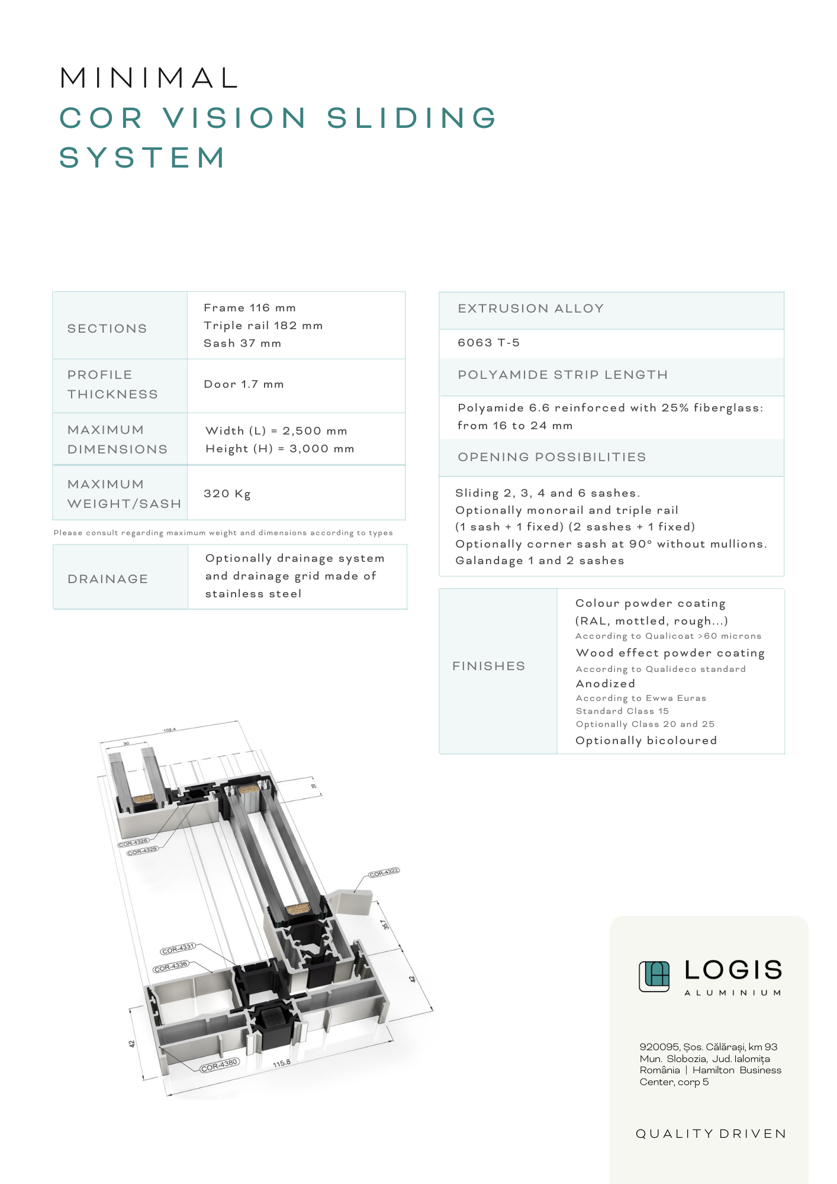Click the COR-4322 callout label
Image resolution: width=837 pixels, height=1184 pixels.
pos(384,872)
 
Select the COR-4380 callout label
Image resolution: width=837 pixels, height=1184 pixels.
pos(219,1065)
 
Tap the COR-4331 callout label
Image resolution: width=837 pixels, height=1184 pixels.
pos(178,948)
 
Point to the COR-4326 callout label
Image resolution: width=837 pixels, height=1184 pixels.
pos(133,843)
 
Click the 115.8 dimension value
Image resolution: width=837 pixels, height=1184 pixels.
pos(282,1063)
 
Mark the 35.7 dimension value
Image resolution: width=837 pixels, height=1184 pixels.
pos(385,924)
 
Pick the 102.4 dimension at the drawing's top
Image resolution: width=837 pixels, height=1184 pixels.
pos(169,730)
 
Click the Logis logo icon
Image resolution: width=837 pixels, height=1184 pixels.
pos(654,976)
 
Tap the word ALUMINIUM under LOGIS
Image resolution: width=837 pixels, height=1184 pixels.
pos(733,993)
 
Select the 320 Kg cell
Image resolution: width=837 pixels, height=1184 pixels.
pos(227,494)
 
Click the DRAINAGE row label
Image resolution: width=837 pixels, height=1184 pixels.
pos(108,579)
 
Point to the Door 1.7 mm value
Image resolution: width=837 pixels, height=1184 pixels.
pos(244,384)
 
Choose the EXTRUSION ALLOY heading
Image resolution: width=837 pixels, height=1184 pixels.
pos(530,308)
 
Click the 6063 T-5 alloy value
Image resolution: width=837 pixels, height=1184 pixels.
pos(488,343)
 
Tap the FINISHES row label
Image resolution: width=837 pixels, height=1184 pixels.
pos(488,666)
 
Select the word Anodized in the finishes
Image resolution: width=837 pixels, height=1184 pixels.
pos(605,684)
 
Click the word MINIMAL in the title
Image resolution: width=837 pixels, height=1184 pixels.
pos(150,78)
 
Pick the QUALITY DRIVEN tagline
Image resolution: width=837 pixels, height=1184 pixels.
pos(711,1134)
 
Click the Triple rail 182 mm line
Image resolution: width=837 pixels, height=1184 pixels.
pos(263,326)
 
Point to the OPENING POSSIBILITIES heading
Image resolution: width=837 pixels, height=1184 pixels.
pos(552,457)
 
